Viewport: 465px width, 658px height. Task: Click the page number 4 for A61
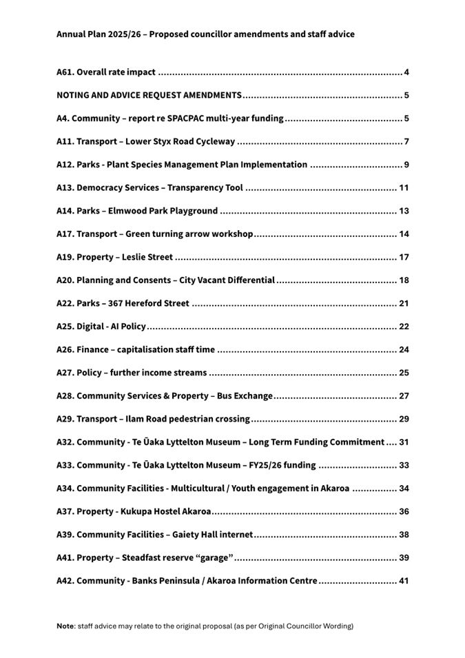[407, 72]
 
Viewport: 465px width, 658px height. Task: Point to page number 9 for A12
[407, 165]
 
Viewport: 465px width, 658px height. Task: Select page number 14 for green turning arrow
[404, 234]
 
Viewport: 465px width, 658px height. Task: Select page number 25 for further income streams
[404, 373]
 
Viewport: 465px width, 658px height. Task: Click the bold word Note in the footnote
[65, 626]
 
